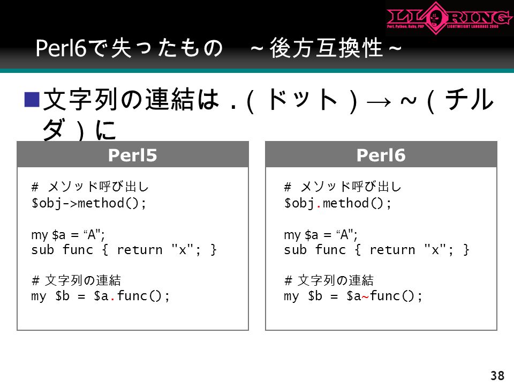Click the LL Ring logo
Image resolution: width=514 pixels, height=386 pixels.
point(449,18)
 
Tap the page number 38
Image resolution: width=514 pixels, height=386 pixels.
point(497,375)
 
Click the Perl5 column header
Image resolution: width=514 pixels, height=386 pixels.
point(132,155)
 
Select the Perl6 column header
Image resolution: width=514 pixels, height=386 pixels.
point(381,155)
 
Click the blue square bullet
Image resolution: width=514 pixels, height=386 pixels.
point(32,100)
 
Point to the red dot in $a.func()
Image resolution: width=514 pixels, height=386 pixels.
point(112,299)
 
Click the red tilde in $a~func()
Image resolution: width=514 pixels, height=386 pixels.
point(365,297)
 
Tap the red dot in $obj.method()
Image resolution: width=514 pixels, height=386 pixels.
point(318,206)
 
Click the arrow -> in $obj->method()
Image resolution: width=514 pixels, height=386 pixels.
point(70,204)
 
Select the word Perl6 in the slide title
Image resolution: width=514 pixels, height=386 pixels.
point(61,48)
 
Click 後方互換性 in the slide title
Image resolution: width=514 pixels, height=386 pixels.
point(326,48)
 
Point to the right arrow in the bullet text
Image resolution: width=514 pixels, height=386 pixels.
point(379,102)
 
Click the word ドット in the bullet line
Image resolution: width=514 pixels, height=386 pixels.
point(302,99)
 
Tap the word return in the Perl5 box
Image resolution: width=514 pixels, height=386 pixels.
point(140,250)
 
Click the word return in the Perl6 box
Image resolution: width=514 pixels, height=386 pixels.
point(392,250)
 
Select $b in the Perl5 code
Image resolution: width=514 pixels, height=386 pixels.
point(62,296)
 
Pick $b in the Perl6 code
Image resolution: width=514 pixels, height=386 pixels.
point(315,296)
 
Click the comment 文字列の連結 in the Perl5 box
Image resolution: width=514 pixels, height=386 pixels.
point(82,280)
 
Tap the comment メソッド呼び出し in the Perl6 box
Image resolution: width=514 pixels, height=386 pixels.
point(351,187)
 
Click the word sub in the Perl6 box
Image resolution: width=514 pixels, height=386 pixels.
point(295,250)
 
